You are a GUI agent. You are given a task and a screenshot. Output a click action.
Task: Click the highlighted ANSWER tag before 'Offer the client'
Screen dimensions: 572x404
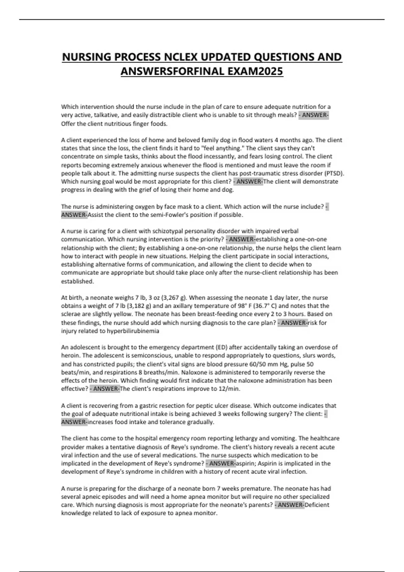pyautogui.click(x=314, y=115)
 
